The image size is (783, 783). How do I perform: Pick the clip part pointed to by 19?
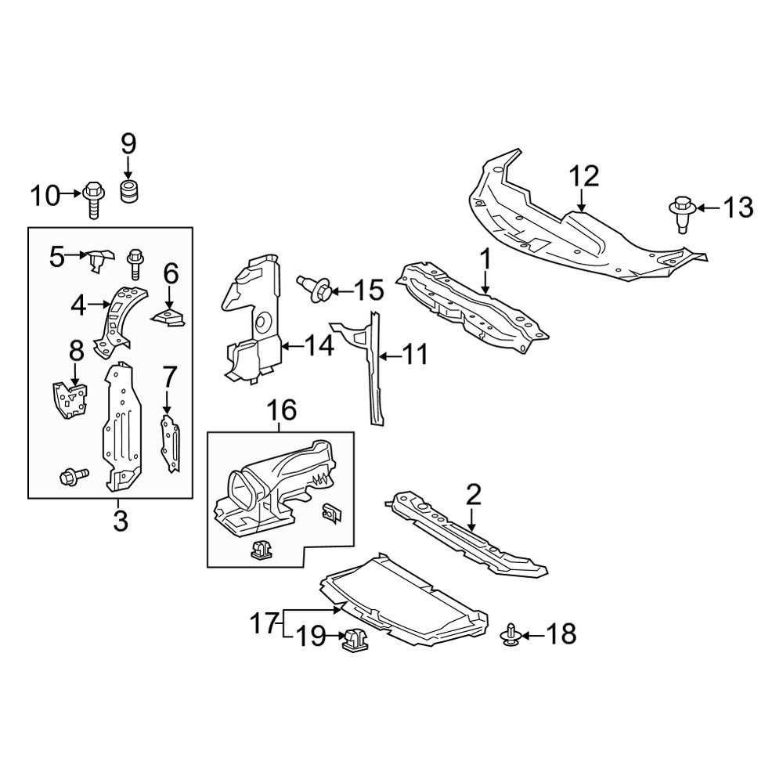[355, 640]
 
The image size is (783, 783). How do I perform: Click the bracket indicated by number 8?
[70, 397]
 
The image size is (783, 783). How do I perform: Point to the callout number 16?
[283, 410]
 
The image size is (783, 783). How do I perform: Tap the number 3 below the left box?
[120, 521]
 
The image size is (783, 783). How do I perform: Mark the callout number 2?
[473, 495]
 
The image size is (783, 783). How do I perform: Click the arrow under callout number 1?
[485, 283]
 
